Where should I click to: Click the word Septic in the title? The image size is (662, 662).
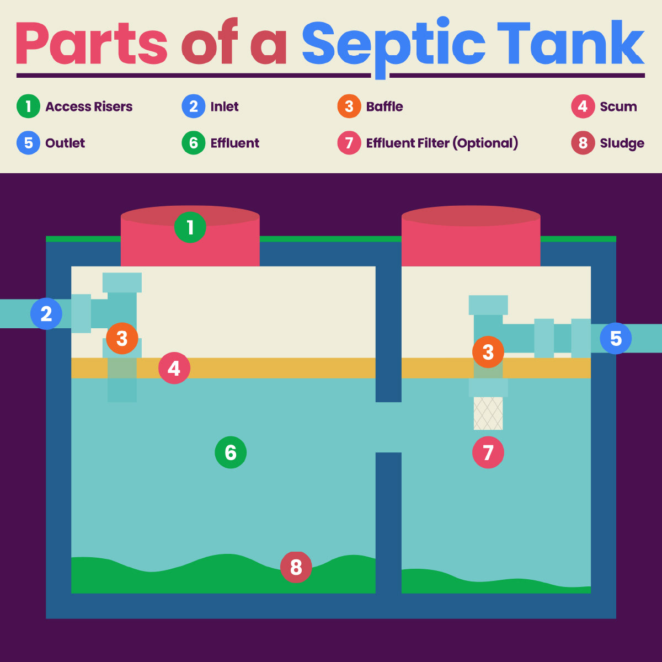pyautogui.click(x=393, y=44)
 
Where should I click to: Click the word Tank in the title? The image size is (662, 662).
pyautogui.click(x=570, y=44)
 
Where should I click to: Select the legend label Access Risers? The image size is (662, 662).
pyautogui.click(x=89, y=106)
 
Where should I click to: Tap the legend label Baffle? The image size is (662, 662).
pyautogui.click(x=385, y=106)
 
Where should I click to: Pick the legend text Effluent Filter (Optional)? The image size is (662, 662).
pyautogui.click(x=442, y=143)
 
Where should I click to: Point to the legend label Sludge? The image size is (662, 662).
pyautogui.click(x=622, y=143)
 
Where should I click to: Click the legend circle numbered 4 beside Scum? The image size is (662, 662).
pyautogui.click(x=583, y=106)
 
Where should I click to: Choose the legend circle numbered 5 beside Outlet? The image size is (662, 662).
pyautogui.click(x=28, y=143)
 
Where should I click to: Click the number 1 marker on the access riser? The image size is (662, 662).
pyautogui.click(x=190, y=227)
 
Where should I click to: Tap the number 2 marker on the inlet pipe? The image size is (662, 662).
pyautogui.click(x=46, y=314)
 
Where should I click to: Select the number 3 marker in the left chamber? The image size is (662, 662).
pyautogui.click(x=122, y=338)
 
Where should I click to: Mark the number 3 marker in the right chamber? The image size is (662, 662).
pyautogui.click(x=488, y=352)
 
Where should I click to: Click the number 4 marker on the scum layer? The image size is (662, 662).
pyautogui.click(x=174, y=369)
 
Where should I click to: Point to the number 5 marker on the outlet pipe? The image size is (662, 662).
pyautogui.click(x=616, y=338)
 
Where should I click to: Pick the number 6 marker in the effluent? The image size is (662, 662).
pyautogui.click(x=231, y=453)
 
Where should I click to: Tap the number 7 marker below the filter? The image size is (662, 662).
pyautogui.click(x=488, y=453)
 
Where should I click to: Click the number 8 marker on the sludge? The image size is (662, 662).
pyautogui.click(x=296, y=567)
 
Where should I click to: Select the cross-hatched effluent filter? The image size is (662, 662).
pyautogui.click(x=488, y=413)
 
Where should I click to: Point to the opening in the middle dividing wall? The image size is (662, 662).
pyautogui.click(x=388, y=427)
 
